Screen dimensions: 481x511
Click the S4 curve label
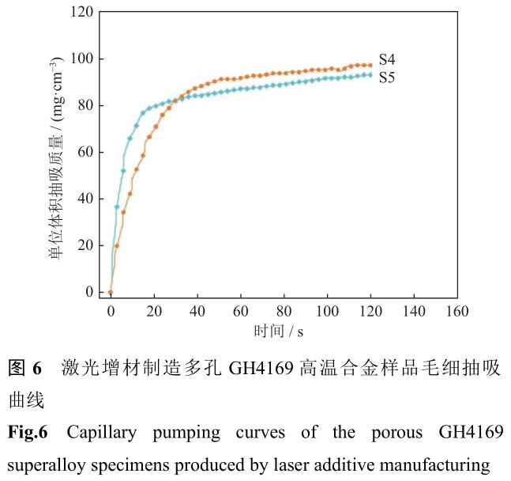[388, 59]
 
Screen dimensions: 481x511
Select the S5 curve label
[388, 78]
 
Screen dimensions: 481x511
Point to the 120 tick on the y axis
[82, 13]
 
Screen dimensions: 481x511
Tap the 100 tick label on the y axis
[82, 59]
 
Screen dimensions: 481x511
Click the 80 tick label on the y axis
[85, 106]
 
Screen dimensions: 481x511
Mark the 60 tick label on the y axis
[85, 153]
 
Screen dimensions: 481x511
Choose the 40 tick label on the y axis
[85, 199]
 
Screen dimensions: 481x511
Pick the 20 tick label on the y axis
[85, 246]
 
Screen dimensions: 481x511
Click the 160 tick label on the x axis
[457, 310]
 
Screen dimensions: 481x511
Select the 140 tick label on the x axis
[413, 310]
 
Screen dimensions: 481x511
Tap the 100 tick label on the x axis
[327, 310]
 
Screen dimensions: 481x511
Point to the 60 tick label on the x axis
[240, 310]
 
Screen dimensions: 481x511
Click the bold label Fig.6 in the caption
[28, 433]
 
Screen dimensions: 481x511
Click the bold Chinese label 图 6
[25, 368]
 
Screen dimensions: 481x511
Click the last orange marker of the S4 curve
[370, 65]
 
